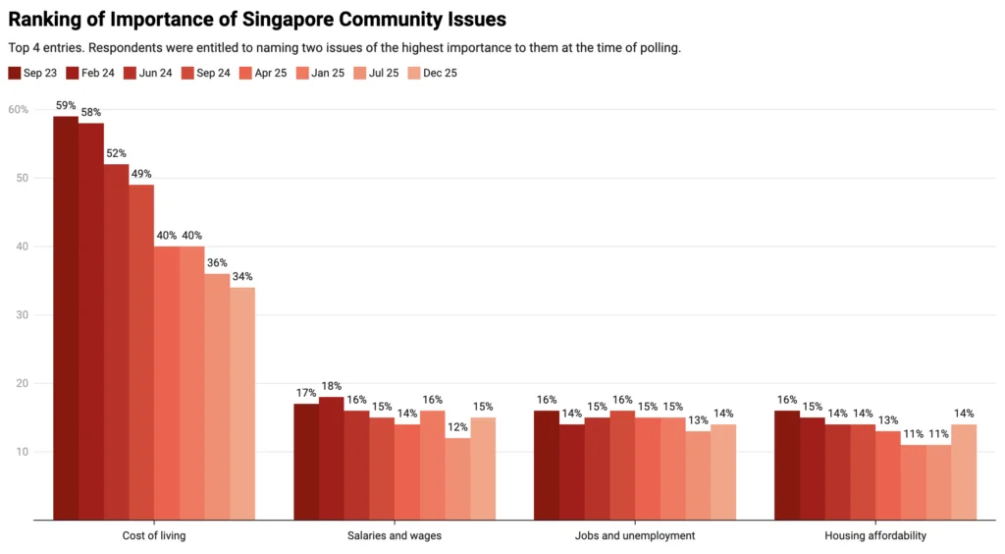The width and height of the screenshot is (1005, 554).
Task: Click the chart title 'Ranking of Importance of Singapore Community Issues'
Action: (x=256, y=20)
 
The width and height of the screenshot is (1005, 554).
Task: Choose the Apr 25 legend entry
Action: (x=261, y=73)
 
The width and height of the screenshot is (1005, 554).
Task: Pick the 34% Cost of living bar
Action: (x=242, y=403)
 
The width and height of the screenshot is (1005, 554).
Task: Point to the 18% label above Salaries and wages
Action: (x=331, y=387)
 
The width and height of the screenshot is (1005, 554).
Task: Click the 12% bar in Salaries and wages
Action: (x=456, y=478)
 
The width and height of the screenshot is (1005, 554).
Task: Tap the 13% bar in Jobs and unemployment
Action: (x=697, y=474)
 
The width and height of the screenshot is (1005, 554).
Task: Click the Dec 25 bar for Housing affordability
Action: (x=963, y=471)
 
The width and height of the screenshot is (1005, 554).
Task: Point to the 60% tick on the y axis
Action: (x=19, y=109)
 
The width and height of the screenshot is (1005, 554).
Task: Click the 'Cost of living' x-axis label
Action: (x=154, y=535)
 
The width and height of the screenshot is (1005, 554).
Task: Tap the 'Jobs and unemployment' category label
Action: (x=635, y=535)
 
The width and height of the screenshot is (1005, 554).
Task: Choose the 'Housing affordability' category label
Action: (x=874, y=535)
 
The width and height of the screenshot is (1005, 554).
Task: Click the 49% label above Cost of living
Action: (x=141, y=174)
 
